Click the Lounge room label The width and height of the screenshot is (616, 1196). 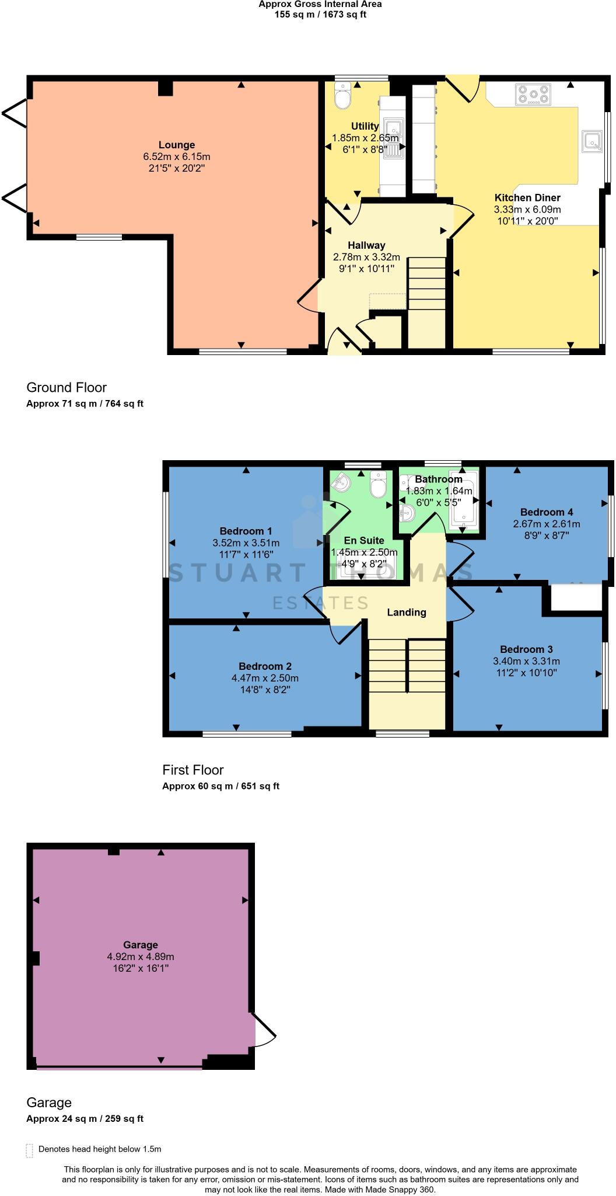click(177, 145)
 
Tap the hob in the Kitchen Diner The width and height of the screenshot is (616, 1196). click(533, 95)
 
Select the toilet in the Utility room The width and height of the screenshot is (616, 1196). click(342, 97)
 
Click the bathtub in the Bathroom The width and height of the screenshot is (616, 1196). click(463, 501)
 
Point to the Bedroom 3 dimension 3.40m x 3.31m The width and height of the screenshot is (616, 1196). click(526, 661)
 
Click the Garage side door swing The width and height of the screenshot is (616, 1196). click(264, 1031)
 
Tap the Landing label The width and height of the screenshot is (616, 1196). click(407, 612)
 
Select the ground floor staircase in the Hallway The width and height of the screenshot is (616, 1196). click(426, 292)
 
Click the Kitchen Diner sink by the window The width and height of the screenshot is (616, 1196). click(593, 141)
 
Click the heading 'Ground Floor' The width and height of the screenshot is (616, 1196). click(66, 387)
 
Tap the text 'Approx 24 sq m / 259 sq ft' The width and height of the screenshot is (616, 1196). click(85, 1119)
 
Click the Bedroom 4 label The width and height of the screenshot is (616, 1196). click(542, 512)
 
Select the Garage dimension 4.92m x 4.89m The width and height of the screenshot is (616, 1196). click(141, 957)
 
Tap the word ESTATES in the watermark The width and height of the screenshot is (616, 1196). click(320, 603)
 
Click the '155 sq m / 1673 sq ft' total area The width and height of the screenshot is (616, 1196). click(320, 14)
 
